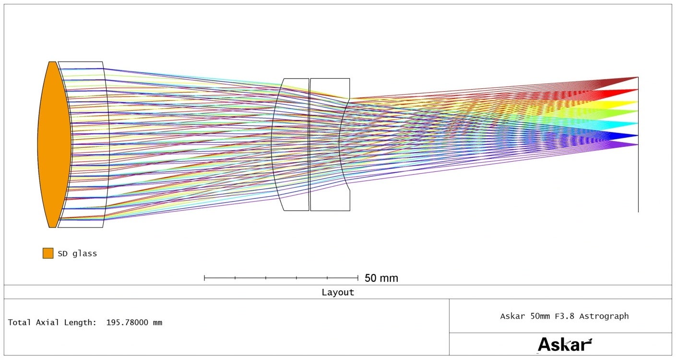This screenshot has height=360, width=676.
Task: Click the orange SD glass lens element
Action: (54, 144)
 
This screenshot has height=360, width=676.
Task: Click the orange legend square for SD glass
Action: (48, 253)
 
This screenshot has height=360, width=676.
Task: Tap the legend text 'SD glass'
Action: (77, 253)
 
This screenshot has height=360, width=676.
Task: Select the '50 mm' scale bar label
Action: (381, 278)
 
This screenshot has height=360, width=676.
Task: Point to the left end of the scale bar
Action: (204, 278)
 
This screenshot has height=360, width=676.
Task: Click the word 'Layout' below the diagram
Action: (338, 292)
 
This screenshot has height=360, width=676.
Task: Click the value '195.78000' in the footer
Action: (127, 322)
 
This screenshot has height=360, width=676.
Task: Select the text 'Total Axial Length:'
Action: (52, 322)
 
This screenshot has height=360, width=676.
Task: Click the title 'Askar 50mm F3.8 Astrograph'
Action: (564, 316)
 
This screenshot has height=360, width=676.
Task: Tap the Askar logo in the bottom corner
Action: (565, 345)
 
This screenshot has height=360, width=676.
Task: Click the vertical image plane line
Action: (638, 144)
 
